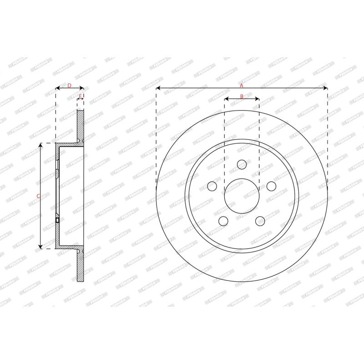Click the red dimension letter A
click(x=242, y=85)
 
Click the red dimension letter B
click(x=242, y=96)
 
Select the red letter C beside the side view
click(x=38, y=196)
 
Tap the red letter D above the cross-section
click(x=69, y=85)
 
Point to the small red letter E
click(x=80, y=96)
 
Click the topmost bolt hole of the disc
click(x=242, y=164)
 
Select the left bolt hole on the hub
click(x=212, y=186)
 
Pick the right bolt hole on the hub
click(x=271, y=186)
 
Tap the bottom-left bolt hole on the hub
click(x=223, y=221)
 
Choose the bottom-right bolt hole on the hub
click(x=260, y=221)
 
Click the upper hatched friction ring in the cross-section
click(x=81, y=125)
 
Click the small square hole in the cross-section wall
click(x=57, y=220)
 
